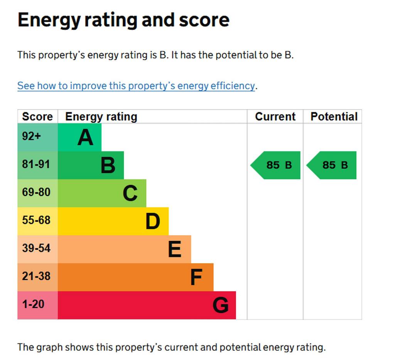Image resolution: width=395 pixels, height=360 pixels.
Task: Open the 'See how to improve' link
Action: click(x=136, y=86)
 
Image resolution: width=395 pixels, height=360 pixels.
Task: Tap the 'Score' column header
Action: click(x=37, y=116)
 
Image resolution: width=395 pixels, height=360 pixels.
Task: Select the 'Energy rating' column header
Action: click(x=101, y=116)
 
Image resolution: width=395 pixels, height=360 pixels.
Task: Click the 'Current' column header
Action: click(x=275, y=116)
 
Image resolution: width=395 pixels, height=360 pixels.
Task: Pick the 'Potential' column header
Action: click(x=334, y=116)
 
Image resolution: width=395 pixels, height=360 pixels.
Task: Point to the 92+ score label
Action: click(x=31, y=136)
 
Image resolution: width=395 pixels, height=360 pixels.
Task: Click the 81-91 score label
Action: click(x=36, y=165)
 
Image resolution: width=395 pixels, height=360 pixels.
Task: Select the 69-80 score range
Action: click(x=36, y=192)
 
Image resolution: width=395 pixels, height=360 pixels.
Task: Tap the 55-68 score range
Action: click(x=36, y=220)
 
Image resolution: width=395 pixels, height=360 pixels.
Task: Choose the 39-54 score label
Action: click(x=36, y=248)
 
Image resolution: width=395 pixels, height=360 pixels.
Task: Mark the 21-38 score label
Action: click(x=36, y=276)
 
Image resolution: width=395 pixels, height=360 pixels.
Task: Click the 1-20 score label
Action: click(x=33, y=304)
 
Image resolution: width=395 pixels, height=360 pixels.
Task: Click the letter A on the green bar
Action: click(x=85, y=137)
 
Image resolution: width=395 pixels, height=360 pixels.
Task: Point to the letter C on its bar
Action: click(x=130, y=193)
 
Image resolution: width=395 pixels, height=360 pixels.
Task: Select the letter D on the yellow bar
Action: click(x=152, y=221)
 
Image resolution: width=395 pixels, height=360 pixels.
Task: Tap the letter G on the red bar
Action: click(x=220, y=305)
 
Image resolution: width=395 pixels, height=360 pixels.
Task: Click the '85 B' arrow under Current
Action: click(x=276, y=165)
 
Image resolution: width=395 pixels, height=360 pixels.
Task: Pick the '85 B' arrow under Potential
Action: click(x=332, y=165)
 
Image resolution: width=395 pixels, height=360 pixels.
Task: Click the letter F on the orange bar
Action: click(x=196, y=277)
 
